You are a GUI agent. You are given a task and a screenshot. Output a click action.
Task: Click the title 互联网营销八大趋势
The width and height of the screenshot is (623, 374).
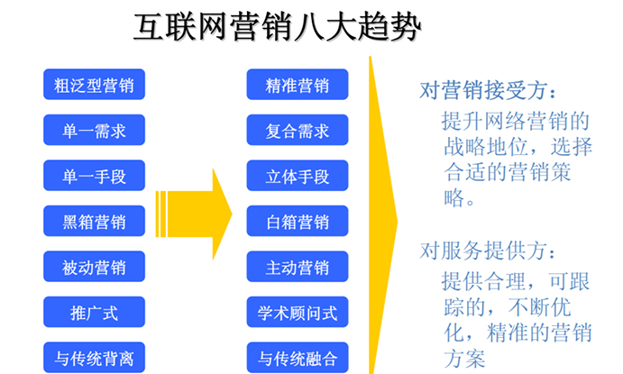(x=277, y=27)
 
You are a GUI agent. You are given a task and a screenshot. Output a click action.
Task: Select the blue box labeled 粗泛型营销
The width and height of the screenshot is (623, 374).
(x=94, y=84)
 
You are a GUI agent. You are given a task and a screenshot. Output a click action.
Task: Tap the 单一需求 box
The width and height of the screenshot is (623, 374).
(x=94, y=130)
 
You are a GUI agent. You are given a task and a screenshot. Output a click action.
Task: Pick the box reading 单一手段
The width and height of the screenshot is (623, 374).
(x=94, y=175)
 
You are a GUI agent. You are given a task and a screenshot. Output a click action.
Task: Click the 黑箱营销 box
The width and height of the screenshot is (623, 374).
(x=94, y=221)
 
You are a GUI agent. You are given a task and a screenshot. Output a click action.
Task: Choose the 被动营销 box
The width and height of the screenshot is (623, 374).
(x=94, y=267)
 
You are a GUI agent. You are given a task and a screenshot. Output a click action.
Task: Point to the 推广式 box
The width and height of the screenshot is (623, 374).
(x=94, y=312)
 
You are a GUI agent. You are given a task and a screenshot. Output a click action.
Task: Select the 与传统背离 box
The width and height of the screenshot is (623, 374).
(x=94, y=357)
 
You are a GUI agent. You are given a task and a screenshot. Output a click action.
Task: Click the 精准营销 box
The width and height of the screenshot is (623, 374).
(x=298, y=84)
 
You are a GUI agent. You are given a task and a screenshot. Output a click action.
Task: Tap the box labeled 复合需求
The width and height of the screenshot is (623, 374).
(x=298, y=130)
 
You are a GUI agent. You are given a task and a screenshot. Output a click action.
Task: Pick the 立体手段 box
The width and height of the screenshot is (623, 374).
(x=298, y=175)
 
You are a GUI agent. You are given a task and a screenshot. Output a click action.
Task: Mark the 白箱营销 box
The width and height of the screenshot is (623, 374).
(x=298, y=221)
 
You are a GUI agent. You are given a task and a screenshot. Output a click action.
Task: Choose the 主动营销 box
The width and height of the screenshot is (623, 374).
(x=298, y=267)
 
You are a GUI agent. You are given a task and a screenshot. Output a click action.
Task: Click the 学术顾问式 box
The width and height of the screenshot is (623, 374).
(x=298, y=312)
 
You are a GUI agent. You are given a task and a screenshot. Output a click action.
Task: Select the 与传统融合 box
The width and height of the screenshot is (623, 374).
(x=298, y=357)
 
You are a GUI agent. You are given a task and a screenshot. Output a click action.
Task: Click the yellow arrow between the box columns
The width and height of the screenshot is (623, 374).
(x=195, y=214)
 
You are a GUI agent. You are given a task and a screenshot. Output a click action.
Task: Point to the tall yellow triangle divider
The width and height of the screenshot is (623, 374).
(x=382, y=216)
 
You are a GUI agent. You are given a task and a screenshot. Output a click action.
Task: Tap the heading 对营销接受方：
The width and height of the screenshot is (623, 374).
(x=488, y=90)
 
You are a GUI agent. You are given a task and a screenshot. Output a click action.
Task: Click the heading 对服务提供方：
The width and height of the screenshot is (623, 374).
(x=488, y=251)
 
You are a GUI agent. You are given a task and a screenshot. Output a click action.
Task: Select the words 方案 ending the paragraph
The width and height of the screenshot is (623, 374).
(x=464, y=360)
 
